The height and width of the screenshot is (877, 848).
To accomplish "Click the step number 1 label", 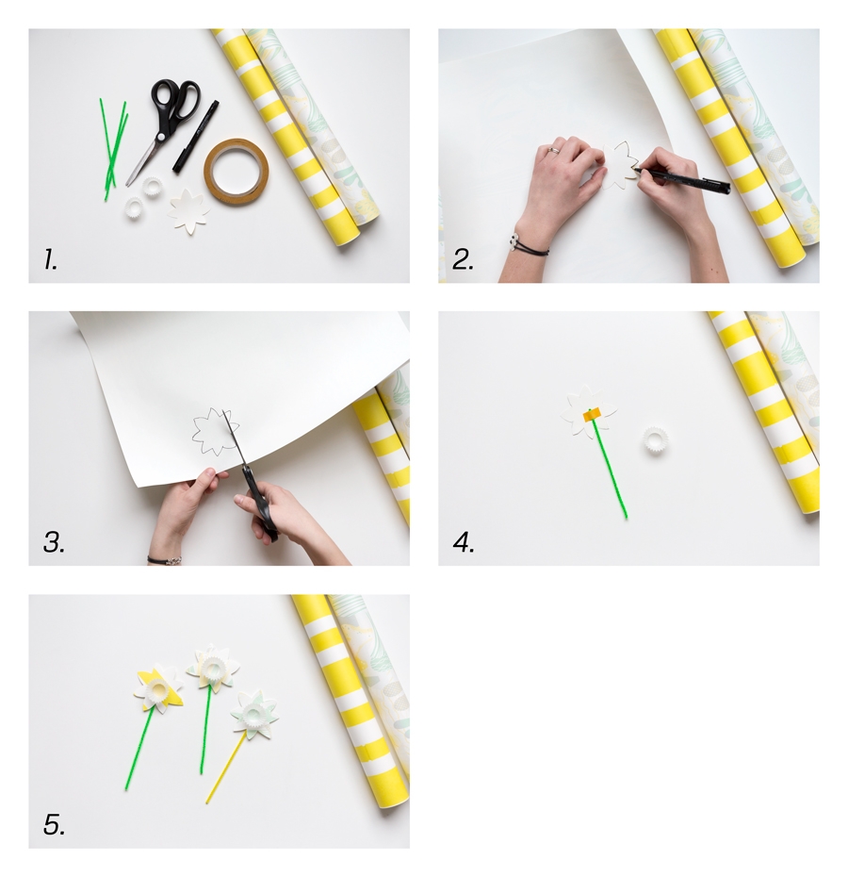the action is [50, 259].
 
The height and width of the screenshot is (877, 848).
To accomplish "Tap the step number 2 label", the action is [463, 259].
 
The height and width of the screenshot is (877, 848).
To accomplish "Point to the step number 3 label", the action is [54, 542].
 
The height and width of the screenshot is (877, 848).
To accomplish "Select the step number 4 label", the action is [464, 542].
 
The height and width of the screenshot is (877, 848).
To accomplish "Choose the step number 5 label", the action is [54, 825].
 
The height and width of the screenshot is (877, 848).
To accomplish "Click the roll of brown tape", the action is [236, 171].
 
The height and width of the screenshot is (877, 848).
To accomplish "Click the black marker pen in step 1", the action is [196, 136].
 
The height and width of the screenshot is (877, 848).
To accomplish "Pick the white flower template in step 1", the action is [189, 212].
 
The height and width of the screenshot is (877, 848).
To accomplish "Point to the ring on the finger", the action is [553, 150].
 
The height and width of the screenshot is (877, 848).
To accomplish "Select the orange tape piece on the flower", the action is [592, 414].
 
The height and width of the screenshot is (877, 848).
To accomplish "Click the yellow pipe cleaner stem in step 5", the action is [225, 768].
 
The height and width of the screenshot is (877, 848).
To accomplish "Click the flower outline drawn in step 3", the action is [215, 431].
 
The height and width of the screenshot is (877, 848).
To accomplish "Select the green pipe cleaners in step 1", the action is [114, 148].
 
